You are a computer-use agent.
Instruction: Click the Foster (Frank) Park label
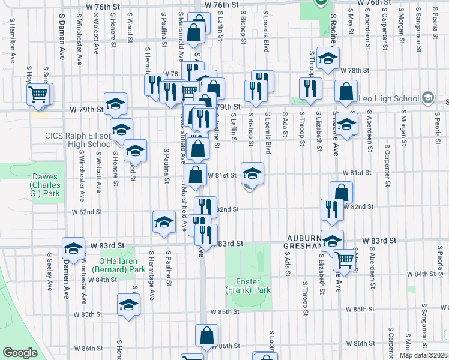tap(248, 286)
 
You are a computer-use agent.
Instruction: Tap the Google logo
tap(20, 353)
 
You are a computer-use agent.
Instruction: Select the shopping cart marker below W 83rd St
tap(344, 259)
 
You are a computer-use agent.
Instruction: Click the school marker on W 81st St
tap(253, 173)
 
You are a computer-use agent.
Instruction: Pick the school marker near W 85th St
tap(128, 305)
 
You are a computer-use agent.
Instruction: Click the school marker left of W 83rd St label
tap(73, 248)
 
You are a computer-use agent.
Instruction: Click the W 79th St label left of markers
tap(88, 110)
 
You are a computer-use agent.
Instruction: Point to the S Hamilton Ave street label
tap(11, 41)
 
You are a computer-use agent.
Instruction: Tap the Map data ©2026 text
tap(423, 355)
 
